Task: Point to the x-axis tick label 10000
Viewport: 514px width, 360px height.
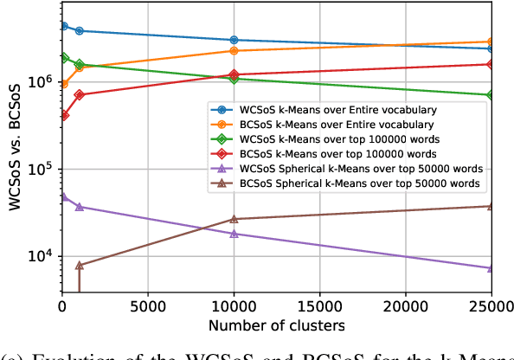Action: pyautogui.click(x=234, y=307)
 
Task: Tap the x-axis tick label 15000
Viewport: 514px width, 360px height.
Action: pyautogui.click(x=319, y=307)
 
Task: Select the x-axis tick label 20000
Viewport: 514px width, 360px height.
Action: pyautogui.click(x=406, y=307)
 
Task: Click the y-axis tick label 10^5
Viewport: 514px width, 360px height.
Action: pyautogui.click(x=40, y=170)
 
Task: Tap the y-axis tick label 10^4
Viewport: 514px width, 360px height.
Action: pyautogui.click(x=40, y=256)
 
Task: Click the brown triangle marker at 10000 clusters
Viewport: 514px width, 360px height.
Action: pyautogui.click(x=234, y=219)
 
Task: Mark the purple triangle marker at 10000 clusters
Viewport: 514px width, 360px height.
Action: pyautogui.click(x=234, y=234)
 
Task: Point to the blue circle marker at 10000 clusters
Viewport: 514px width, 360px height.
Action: pyautogui.click(x=234, y=40)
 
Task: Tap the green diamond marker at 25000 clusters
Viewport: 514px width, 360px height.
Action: pyautogui.click(x=492, y=95)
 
